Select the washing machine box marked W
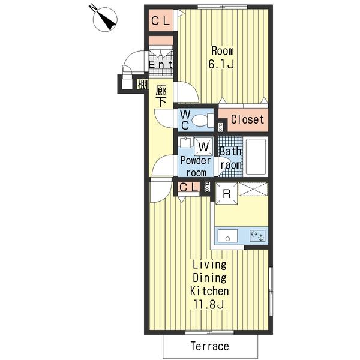[x=203, y=146]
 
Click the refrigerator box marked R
[x=226, y=193]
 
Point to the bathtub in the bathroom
[x=256, y=156]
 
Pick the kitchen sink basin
[x=227, y=235]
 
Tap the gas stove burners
[x=258, y=235]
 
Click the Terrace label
[x=210, y=346]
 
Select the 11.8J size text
[x=209, y=305]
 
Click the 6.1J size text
[x=221, y=64]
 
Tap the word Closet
[x=247, y=119]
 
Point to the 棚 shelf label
[x=142, y=85]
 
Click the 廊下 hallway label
[x=161, y=96]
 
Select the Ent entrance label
[x=160, y=64]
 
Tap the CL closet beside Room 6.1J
[x=161, y=21]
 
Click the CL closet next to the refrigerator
[x=189, y=187]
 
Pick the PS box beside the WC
[x=220, y=127]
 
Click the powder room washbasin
[x=185, y=142]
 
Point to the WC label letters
[x=185, y=119]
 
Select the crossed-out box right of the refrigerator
[x=253, y=189]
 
